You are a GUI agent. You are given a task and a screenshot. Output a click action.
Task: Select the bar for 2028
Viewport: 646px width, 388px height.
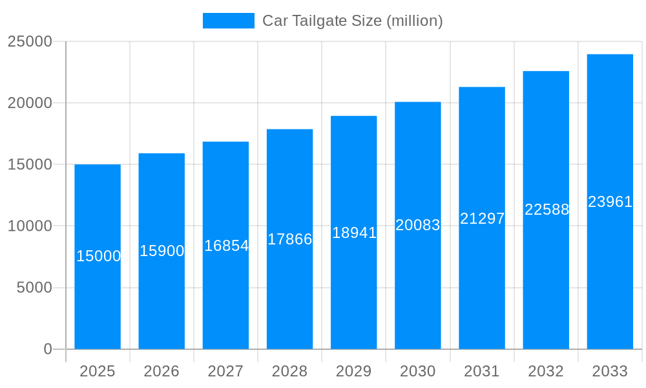tap(289, 291)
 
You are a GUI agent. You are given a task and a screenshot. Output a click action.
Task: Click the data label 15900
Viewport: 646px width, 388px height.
tap(162, 251)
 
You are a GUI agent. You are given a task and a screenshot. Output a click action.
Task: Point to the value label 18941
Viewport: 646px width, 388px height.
tap(354, 233)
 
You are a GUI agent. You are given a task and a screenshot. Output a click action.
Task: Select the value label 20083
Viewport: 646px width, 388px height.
tap(418, 225)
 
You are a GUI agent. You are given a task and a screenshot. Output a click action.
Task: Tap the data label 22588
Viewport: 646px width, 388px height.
tap(547, 210)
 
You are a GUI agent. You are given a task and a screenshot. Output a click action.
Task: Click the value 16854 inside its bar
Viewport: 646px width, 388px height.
tap(226, 246)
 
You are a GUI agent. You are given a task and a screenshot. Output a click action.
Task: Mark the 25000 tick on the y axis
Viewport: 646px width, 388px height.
tap(30, 41)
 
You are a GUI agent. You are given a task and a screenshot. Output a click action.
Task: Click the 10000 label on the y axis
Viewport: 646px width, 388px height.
tap(30, 226)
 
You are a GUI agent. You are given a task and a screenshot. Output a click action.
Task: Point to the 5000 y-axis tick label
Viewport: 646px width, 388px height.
tap(34, 288)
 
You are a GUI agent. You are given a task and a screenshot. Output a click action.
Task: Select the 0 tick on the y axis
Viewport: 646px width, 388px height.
tap(48, 349)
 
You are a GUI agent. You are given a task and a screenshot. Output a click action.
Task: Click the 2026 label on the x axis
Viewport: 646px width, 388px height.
tap(161, 371)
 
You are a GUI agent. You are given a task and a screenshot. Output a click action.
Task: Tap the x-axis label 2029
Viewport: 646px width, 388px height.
tap(354, 371)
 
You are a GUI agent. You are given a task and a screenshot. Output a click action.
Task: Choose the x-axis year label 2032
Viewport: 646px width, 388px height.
tap(546, 371)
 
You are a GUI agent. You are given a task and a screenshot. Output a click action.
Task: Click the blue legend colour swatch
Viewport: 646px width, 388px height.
tap(229, 21)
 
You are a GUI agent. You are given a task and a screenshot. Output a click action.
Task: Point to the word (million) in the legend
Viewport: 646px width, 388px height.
tap(414, 21)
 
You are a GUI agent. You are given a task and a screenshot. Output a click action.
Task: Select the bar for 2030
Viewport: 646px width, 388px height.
tap(418, 291)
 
